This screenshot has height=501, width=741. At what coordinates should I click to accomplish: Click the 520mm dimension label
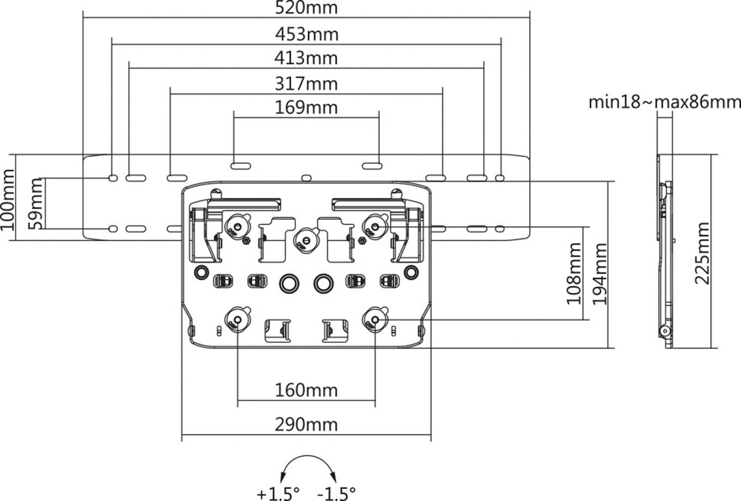point(306,8)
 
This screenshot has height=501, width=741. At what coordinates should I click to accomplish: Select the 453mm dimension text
point(306,34)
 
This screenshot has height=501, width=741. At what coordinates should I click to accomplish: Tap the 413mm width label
point(306,58)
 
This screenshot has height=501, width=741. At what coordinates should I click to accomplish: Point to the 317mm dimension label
point(306,84)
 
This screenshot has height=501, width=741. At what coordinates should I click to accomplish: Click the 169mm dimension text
point(306,108)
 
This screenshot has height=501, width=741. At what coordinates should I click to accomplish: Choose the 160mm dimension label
point(306,390)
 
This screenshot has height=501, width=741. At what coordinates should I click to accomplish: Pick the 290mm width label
point(306,425)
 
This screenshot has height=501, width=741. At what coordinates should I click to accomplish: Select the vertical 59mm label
point(36,204)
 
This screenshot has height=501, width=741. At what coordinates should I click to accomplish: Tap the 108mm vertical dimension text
point(574,273)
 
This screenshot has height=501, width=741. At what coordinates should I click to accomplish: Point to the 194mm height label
point(600,273)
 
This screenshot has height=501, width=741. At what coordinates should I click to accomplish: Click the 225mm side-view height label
point(702,253)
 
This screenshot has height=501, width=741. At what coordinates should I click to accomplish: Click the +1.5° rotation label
point(278,493)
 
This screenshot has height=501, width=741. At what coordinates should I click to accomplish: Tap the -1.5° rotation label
point(336,493)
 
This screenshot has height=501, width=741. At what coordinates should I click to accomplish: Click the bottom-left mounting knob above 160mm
point(237,319)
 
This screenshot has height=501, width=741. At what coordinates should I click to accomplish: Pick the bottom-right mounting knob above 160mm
point(375,319)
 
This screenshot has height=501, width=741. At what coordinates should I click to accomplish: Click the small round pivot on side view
point(665,331)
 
